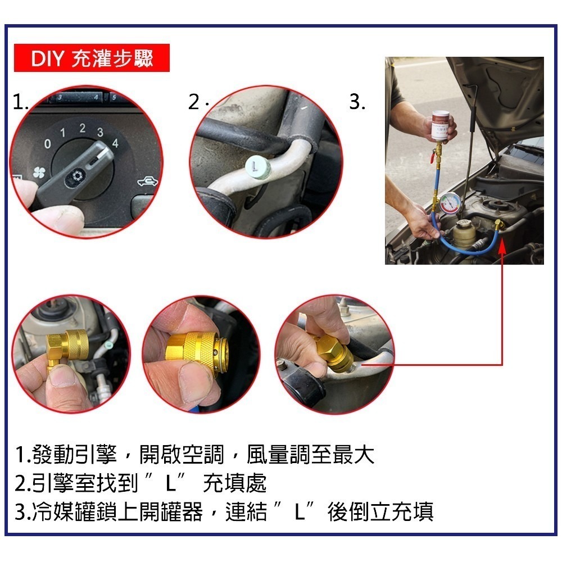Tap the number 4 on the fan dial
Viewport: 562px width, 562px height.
click(x=115, y=143)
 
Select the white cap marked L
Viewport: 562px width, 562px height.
click(x=257, y=166)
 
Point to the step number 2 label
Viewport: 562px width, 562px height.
click(x=194, y=102)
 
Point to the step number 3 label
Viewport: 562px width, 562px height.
click(x=357, y=102)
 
